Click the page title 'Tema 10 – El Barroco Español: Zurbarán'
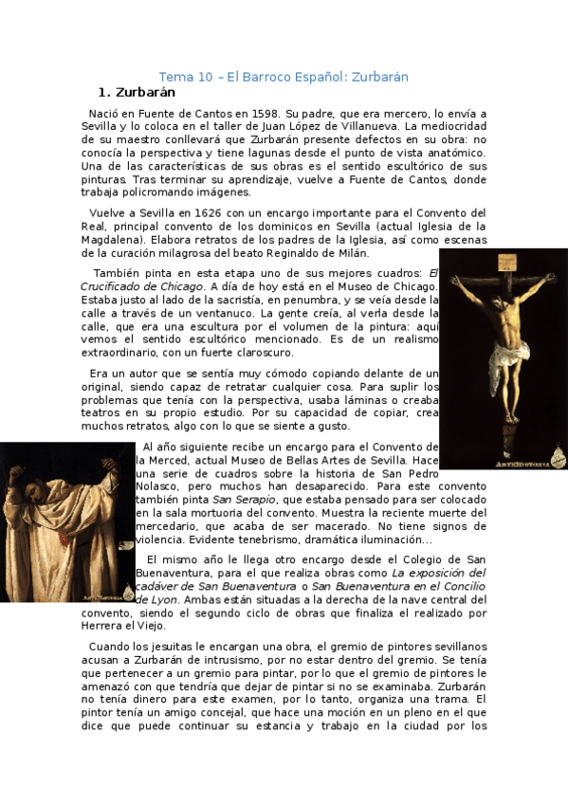(283, 77)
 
